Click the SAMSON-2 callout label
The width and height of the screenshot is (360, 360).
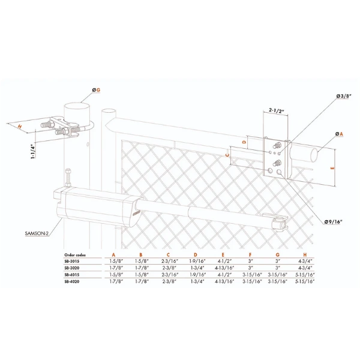37,233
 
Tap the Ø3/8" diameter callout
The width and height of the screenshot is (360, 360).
344,96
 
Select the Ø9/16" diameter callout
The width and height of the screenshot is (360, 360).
333,222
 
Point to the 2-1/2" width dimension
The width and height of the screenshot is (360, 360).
277,110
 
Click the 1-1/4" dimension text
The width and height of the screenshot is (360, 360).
32,151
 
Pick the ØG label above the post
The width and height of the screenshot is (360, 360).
96,90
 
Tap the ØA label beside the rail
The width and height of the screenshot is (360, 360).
339,134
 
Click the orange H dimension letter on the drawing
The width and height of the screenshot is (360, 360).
20,127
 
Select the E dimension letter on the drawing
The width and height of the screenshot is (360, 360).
332,168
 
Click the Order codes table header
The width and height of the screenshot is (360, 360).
75,255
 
